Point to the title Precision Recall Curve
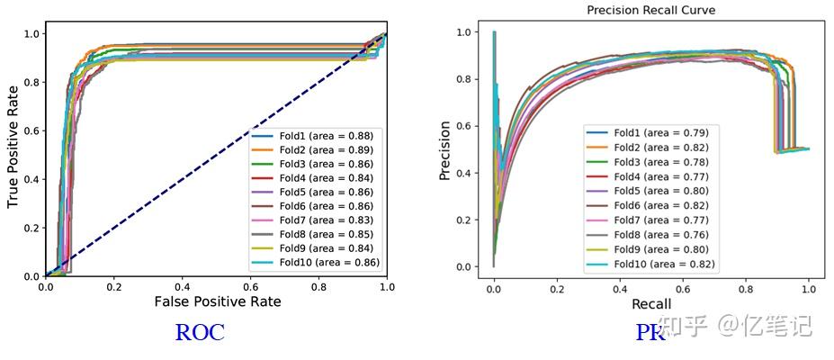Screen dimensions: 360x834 pyautogui.click(x=651, y=10)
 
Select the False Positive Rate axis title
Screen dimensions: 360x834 pyautogui.click(x=217, y=301)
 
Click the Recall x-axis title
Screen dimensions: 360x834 pyautogui.click(x=650, y=304)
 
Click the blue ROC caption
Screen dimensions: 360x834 pyautogui.click(x=199, y=333)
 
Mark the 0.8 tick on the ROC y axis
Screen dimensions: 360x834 pyautogui.click(x=31, y=83)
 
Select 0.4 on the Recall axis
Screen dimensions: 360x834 pyautogui.click(x=620, y=288)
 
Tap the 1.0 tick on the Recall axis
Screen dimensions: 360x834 pyautogui.click(x=809, y=288)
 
